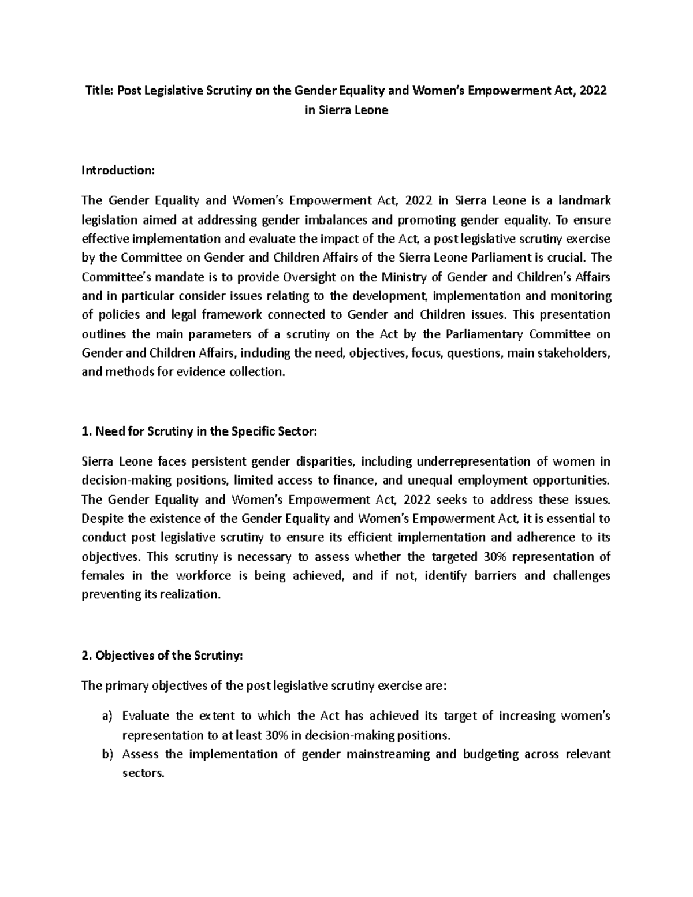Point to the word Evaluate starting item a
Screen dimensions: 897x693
click(x=146, y=716)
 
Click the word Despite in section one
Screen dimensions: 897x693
click(x=100, y=518)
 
